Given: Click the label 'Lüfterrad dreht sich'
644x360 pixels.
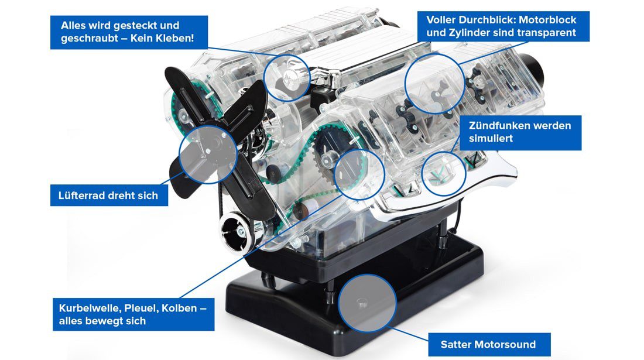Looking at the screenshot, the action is pyautogui.click(x=109, y=196).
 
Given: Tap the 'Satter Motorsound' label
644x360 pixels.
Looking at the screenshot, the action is pyautogui.click(x=489, y=344).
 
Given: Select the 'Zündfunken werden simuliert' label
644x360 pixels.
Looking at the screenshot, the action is pyautogui.click(x=520, y=132).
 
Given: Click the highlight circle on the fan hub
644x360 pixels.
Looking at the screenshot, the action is pyautogui.click(x=208, y=155).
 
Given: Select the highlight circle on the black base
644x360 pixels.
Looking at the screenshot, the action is pyautogui.click(x=366, y=303).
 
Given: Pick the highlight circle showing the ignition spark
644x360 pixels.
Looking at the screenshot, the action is pyautogui.click(x=444, y=174).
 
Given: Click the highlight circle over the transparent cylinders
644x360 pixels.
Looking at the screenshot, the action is pyautogui.click(x=434, y=83).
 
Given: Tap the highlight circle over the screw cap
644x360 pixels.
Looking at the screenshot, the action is pyautogui.click(x=287, y=78).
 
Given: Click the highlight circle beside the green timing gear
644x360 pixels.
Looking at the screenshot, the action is pyautogui.click(x=359, y=174).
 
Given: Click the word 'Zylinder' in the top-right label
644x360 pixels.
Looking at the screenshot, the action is pyautogui.click(x=470, y=33).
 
